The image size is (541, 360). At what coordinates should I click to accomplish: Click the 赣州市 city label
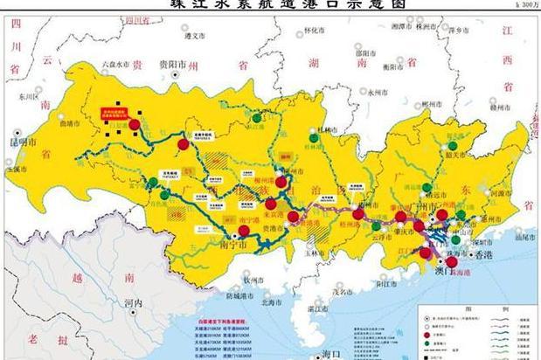tap(502, 104)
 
